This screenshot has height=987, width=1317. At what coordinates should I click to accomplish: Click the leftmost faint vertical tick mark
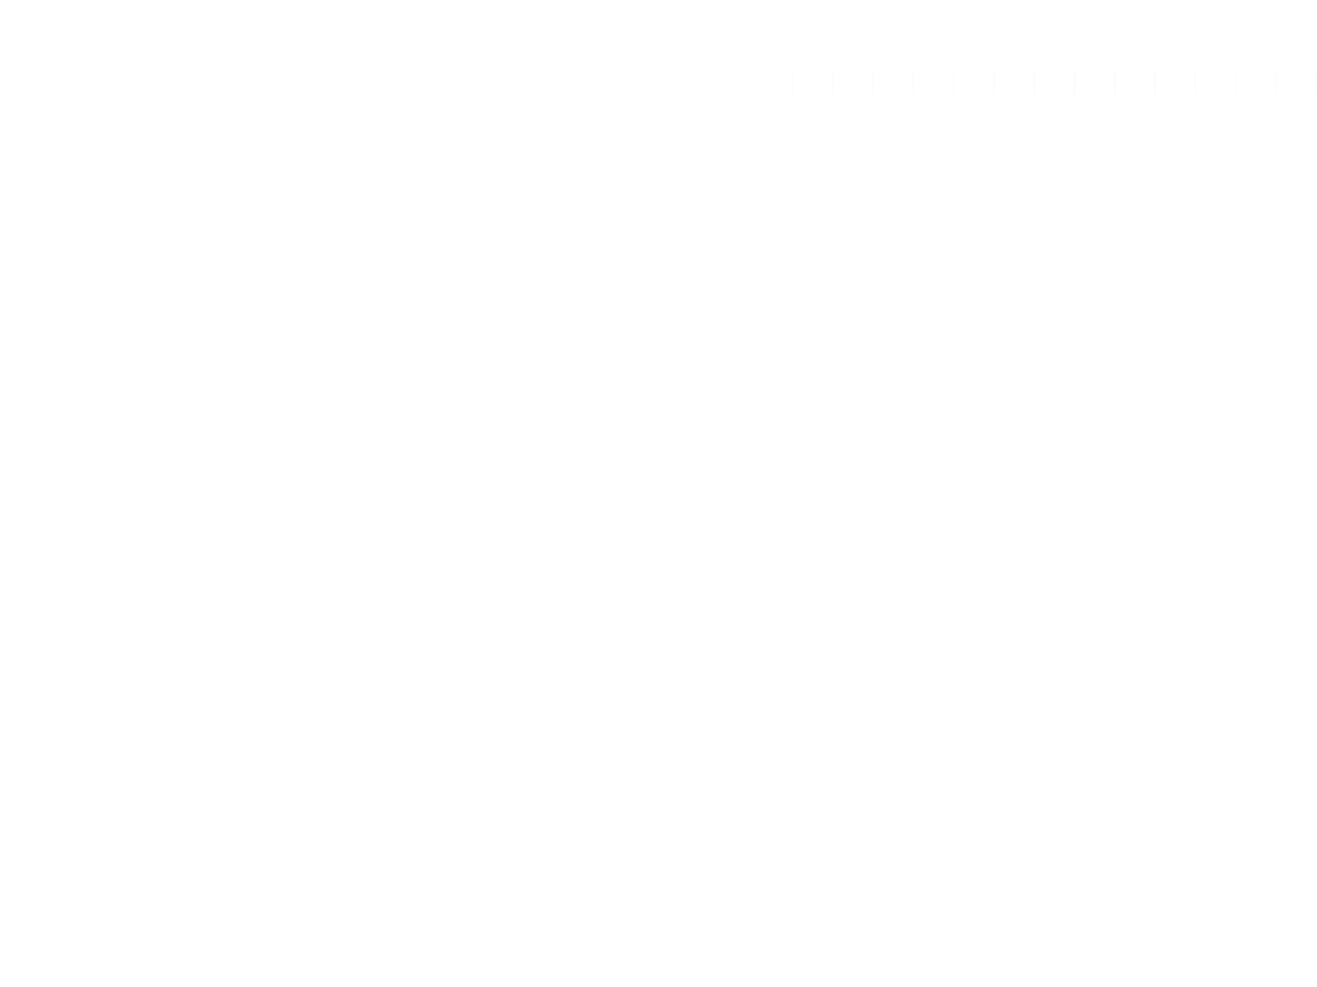793,83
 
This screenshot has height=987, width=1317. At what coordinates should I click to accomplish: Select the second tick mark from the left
833,83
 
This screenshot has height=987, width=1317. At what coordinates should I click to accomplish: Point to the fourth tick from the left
913,83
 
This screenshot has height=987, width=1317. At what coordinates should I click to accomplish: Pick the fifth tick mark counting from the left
954,83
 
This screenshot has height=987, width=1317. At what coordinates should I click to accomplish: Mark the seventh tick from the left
1034,83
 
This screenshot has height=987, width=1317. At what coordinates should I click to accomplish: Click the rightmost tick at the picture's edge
1316,83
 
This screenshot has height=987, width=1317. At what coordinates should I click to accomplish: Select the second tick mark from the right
1276,83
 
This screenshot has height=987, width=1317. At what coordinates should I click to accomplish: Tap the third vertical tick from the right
1235,83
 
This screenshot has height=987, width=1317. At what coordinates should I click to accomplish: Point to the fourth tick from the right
1195,83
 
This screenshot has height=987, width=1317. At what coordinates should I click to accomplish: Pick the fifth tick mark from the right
1155,83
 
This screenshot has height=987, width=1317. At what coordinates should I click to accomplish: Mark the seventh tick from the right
1075,83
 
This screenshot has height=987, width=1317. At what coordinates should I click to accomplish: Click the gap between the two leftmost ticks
813,83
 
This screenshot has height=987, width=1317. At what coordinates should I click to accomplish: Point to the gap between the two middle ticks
1054,83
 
